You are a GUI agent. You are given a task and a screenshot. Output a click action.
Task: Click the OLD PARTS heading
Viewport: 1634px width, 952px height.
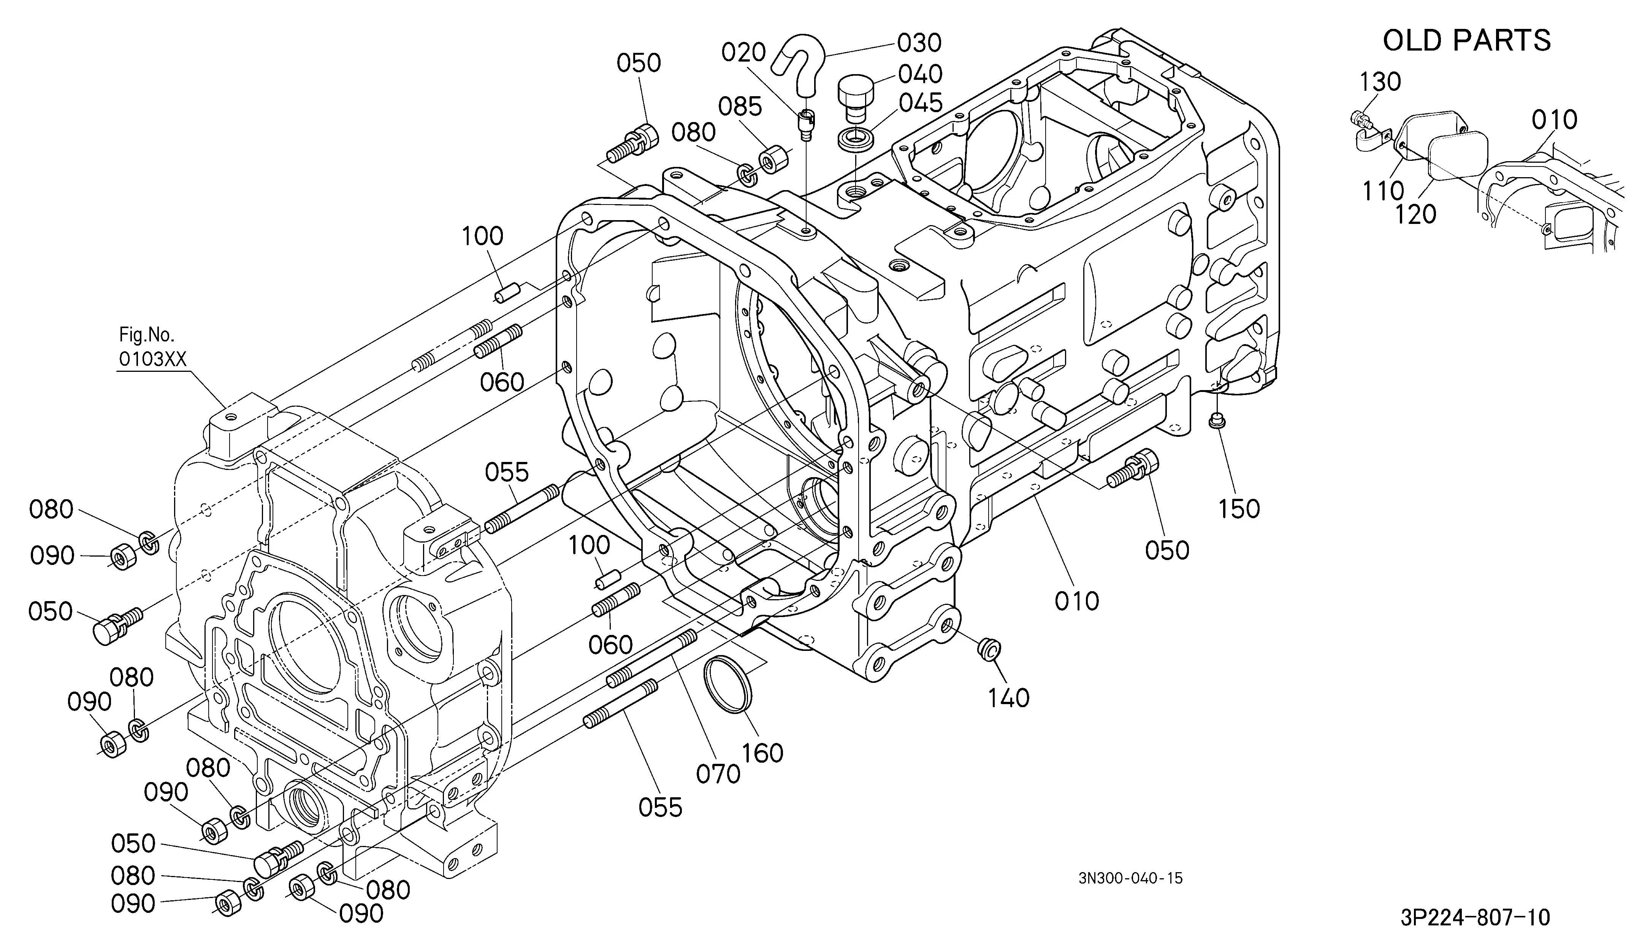[x=1467, y=40]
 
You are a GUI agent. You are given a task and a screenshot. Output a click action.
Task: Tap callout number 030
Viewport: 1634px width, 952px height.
[x=919, y=43]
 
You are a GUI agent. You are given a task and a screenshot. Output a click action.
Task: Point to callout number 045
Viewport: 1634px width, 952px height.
[x=921, y=103]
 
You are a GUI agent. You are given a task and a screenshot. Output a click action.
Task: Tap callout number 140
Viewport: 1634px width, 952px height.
[x=1008, y=698]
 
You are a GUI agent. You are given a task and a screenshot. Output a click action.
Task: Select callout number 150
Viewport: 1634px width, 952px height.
[x=1239, y=509]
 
